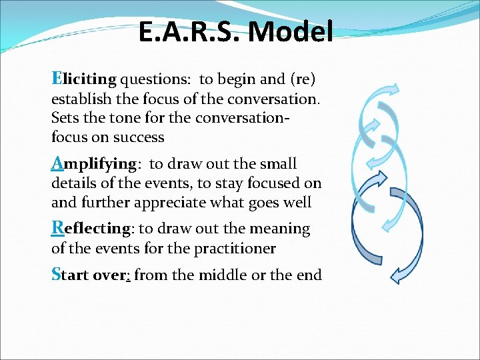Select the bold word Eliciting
click(x=84, y=79)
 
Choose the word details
click(x=73, y=183)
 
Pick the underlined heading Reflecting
click(x=93, y=229)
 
